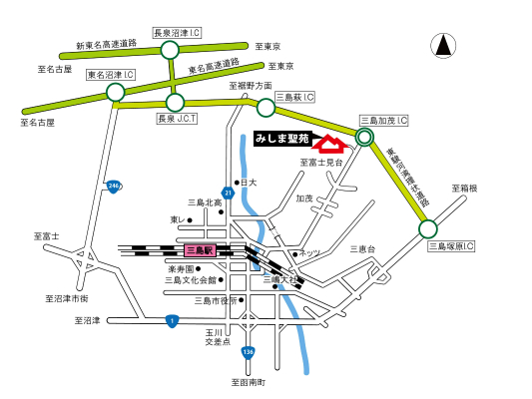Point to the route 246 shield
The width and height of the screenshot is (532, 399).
114,187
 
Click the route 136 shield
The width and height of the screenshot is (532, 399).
248,352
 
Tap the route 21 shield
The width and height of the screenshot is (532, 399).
228,193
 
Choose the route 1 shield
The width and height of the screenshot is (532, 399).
172,320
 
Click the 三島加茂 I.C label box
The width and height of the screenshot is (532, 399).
384,120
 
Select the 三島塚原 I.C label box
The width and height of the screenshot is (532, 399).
451,244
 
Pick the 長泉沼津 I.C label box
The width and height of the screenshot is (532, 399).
177,33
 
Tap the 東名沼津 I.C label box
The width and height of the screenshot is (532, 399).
111,75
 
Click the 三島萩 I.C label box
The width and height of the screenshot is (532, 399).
295,97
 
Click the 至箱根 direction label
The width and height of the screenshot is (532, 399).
464,188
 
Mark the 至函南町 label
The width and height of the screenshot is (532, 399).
249,382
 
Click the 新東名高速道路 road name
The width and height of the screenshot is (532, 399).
105,45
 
